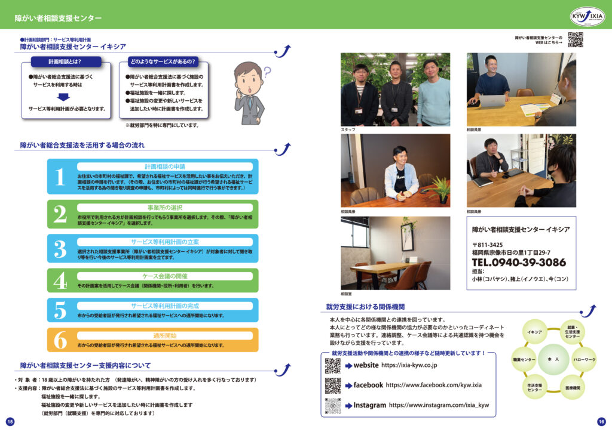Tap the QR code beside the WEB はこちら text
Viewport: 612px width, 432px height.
(575, 39)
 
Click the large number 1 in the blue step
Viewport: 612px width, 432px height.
(59, 177)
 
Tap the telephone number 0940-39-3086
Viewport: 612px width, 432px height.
(519, 263)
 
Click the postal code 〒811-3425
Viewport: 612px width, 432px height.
(487, 245)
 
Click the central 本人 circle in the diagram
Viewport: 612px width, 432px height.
(552, 360)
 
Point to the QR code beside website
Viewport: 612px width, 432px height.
(332, 365)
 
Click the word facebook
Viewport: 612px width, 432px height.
(368, 385)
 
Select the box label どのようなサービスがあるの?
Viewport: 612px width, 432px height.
(163, 61)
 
